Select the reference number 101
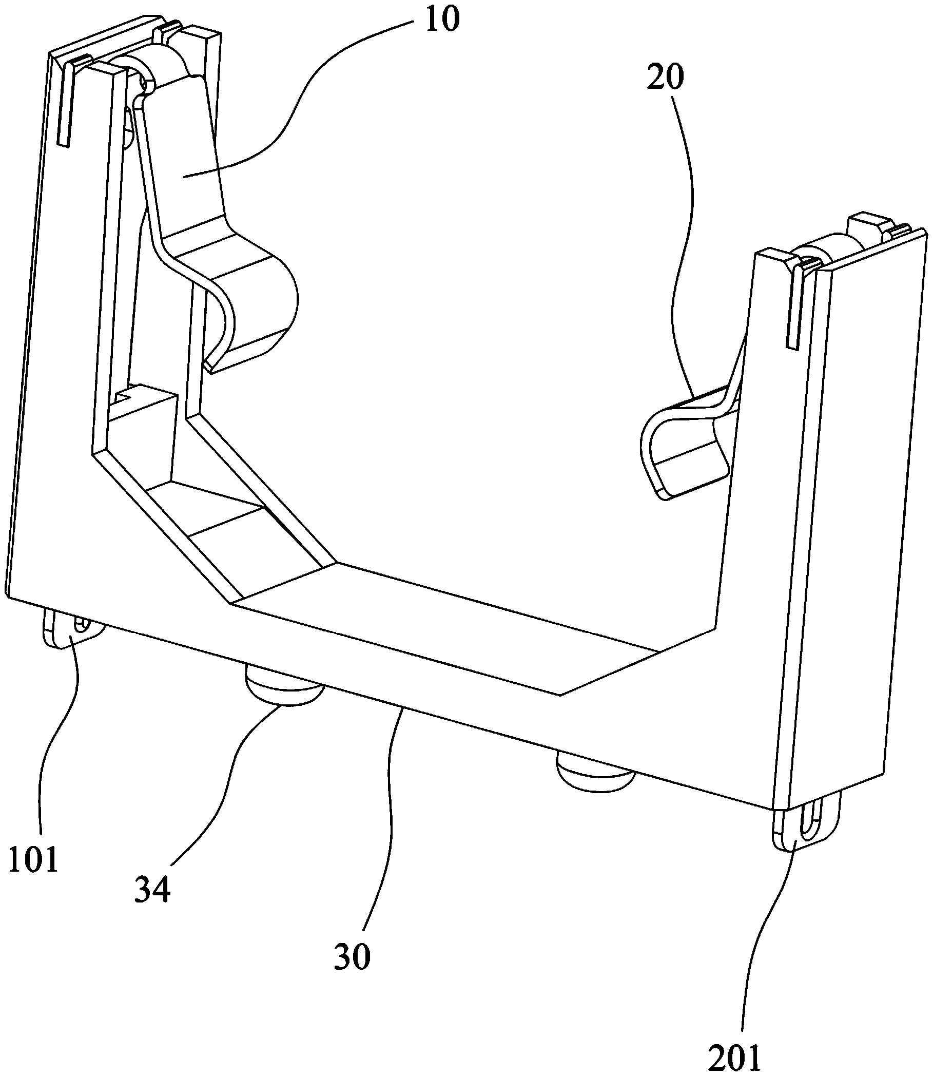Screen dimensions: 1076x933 pos(32,858)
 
